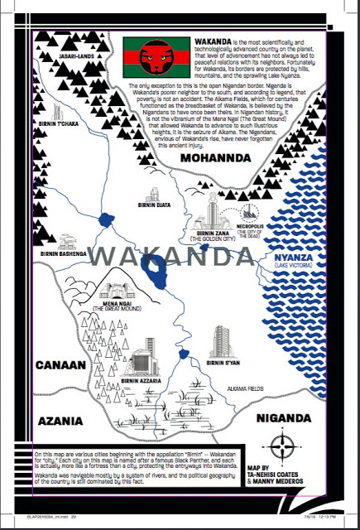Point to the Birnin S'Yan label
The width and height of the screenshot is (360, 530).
tap(223, 363)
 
